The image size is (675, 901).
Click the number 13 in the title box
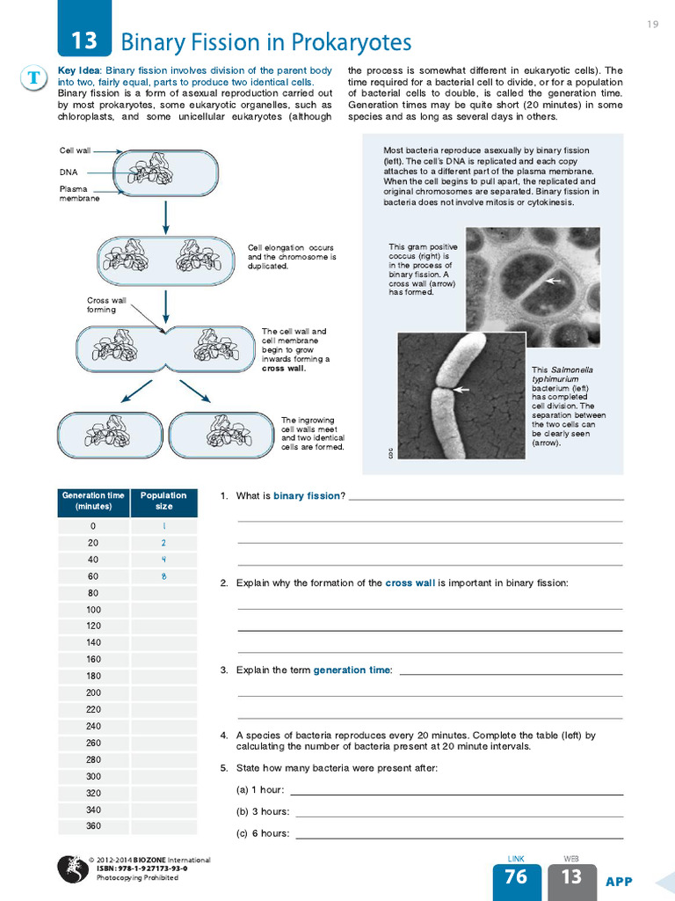[x=84, y=40]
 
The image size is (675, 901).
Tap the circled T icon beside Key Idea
[x=33, y=77]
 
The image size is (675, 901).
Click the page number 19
[x=652, y=24]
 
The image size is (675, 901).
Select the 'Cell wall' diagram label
[x=75, y=151]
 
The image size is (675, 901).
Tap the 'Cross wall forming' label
[x=101, y=304]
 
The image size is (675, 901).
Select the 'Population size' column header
[x=163, y=501]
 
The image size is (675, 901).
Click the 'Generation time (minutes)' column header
[x=93, y=501]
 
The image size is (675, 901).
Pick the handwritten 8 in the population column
[x=163, y=576]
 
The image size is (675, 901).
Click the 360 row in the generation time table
[x=93, y=826]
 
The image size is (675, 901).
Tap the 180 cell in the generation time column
[x=93, y=676]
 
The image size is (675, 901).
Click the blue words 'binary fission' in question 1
[x=306, y=496]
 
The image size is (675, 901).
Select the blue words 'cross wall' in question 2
[x=410, y=583]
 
